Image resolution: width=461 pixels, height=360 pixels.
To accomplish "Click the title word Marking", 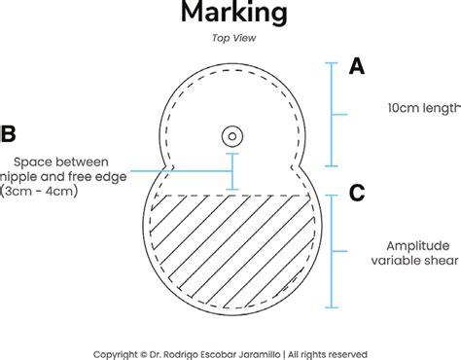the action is (232, 13).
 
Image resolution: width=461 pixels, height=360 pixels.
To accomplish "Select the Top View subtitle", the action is (232, 39).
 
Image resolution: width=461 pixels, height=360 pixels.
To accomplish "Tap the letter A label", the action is (357, 67).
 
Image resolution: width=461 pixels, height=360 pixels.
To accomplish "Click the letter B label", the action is (8, 133).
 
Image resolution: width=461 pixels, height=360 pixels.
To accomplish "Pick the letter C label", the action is (357, 193).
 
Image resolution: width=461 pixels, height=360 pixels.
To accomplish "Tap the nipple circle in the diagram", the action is (232, 134).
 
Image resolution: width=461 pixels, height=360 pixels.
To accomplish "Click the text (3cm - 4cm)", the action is (42, 192).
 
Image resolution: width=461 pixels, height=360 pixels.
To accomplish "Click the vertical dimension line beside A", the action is (332, 113).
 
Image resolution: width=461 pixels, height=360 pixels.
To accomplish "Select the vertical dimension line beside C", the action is (332, 253).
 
